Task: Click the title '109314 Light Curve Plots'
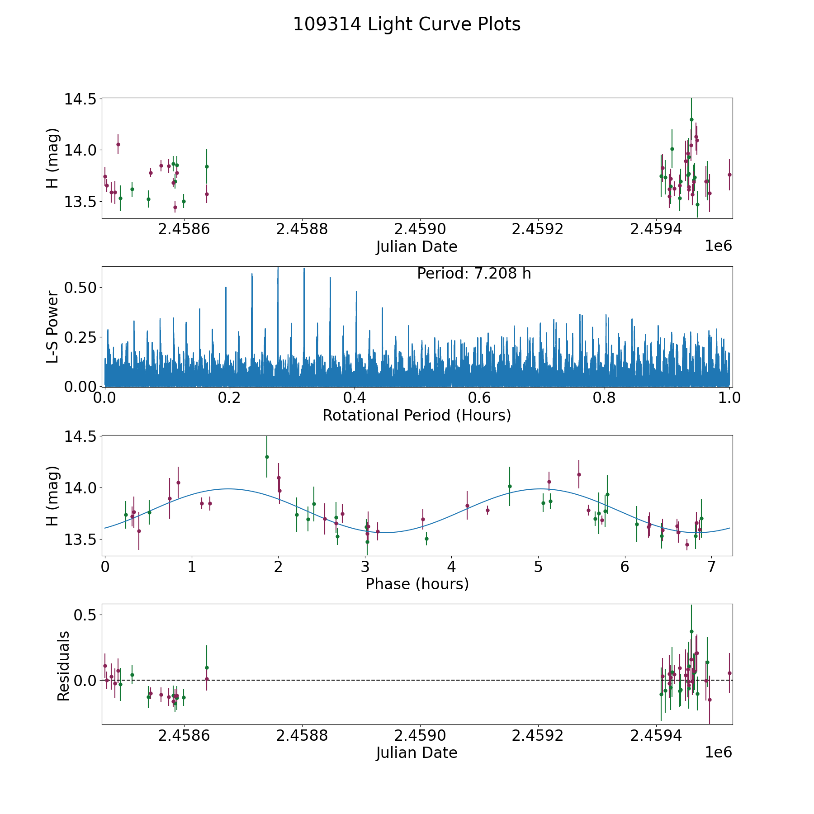(407, 24)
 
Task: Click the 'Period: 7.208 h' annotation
(474, 274)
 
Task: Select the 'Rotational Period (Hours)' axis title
(416, 415)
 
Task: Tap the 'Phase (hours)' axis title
(417, 584)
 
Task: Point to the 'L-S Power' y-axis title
(53, 327)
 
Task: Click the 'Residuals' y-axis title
(63, 666)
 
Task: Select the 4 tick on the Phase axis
(451, 567)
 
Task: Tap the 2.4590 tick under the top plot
(420, 230)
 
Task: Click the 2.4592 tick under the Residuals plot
(538, 736)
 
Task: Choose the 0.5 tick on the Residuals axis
(86, 615)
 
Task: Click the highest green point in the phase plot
(267, 457)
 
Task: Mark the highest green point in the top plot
(691, 119)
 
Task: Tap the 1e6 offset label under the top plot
(718, 246)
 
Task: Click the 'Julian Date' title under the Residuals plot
(416, 753)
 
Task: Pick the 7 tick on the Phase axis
(711, 567)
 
